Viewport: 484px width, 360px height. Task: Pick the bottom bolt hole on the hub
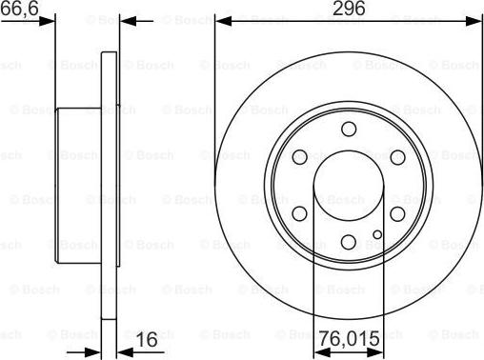(349, 241)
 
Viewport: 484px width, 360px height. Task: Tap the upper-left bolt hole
(300, 156)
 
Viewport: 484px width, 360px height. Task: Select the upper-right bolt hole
(397, 156)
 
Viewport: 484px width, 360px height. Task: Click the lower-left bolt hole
(300, 213)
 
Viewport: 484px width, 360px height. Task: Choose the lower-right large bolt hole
(397, 213)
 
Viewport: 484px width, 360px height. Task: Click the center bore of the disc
(349, 185)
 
